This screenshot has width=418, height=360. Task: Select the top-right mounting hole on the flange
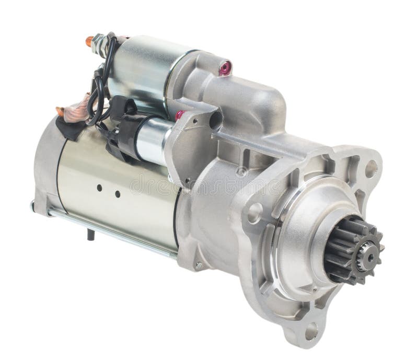click(x=370, y=168)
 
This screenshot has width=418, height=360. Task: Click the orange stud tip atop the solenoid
click(x=89, y=40)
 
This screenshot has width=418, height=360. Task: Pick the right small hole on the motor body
click(x=118, y=194)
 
